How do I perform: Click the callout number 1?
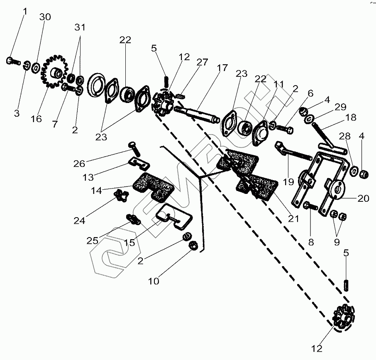point(25,11)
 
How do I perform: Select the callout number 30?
point(45,17)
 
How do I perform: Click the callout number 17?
point(222,68)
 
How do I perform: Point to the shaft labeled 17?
point(197,114)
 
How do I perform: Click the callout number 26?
point(79,164)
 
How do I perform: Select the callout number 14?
point(96,191)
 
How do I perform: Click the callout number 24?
point(79,220)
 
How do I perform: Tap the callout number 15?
point(129,243)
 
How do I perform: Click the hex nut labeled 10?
point(193,245)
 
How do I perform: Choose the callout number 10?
point(154,281)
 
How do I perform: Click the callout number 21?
point(294,219)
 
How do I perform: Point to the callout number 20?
point(363,198)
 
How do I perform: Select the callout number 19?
point(288,182)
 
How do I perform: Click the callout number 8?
point(311,242)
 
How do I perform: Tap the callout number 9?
point(337,242)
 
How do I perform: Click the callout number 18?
point(351,118)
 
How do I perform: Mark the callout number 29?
point(341,107)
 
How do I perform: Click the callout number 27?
point(202,62)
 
